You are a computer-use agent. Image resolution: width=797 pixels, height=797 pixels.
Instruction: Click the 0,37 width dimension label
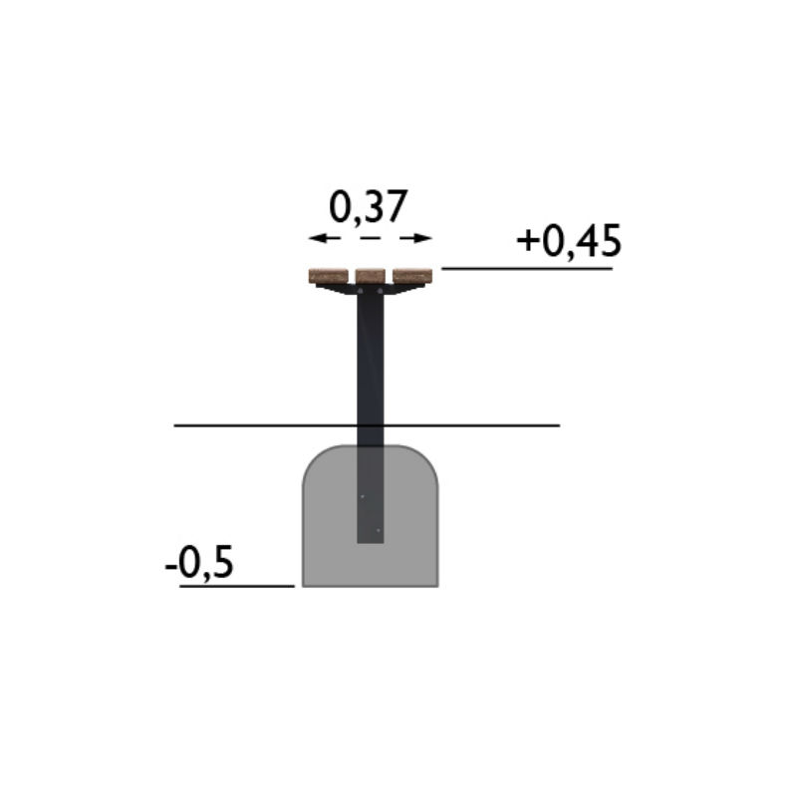coord(369,207)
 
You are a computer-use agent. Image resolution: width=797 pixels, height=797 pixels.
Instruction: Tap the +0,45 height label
coord(569,241)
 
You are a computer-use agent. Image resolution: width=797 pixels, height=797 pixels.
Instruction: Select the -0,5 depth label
coord(199,562)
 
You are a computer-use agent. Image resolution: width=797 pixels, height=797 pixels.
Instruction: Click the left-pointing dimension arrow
coord(325,238)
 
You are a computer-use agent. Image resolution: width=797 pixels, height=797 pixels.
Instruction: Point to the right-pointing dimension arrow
coord(415,238)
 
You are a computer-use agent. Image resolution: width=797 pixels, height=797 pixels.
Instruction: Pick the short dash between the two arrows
coord(370,238)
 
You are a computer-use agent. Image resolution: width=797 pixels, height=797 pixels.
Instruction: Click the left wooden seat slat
coord(329,276)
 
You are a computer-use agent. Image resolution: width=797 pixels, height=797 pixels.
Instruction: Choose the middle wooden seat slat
coord(370,276)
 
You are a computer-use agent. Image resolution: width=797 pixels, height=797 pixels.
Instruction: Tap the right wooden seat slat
coord(412,276)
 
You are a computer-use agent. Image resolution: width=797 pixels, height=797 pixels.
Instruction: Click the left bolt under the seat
coord(361,291)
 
